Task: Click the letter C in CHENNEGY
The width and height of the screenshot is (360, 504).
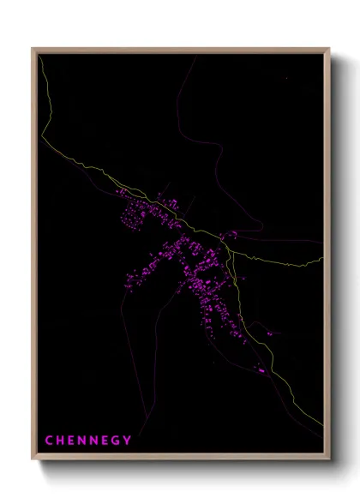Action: [x=48, y=441]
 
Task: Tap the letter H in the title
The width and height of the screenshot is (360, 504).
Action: [x=60, y=441]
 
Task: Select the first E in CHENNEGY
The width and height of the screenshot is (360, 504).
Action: [x=72, y=441]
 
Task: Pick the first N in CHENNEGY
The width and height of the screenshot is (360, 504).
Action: [x=83, y=441]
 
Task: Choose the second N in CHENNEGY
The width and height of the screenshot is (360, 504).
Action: [x=95, y=441]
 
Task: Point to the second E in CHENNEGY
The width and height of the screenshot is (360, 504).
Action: [x=106, y=441]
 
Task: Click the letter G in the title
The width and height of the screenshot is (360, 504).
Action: [x=117, y=441]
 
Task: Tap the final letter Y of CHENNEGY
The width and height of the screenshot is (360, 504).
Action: [x=129, y=441]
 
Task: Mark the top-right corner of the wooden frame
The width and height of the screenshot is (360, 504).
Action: [x=329, y=49]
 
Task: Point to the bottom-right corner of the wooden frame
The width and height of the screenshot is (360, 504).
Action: [x=329, y=460]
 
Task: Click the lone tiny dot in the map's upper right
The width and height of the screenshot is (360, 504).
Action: [x=287, y=80]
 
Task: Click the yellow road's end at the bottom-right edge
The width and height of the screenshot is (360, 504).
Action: [x=324, y=426]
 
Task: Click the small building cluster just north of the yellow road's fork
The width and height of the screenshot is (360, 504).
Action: [x=230, y=234]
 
